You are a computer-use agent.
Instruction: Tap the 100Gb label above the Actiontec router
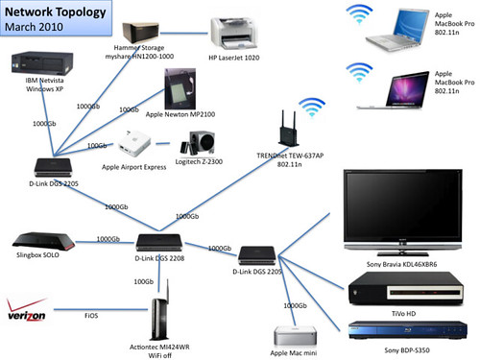coord(145,282)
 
